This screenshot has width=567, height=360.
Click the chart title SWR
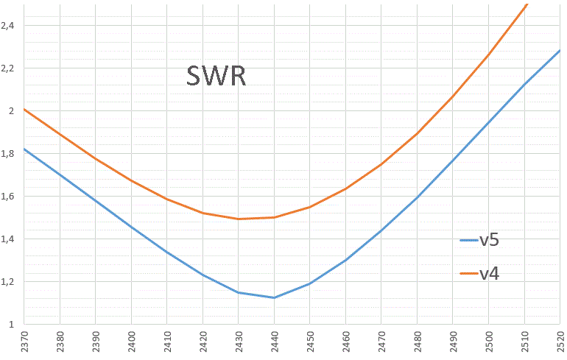pos(216,76)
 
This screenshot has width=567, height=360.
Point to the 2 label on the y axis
pos(11,111)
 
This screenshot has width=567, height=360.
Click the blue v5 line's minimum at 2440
pos(274,297)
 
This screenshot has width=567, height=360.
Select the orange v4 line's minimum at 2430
pos(239,219)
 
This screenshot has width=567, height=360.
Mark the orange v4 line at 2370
pos(25,110)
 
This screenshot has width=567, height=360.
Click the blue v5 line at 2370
pos(25,149)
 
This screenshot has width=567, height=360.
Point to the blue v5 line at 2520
pos(559,51)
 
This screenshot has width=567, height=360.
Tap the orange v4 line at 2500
pos(488,54)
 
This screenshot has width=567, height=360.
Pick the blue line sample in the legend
pos(468,240)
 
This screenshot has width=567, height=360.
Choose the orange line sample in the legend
pos(468,274)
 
